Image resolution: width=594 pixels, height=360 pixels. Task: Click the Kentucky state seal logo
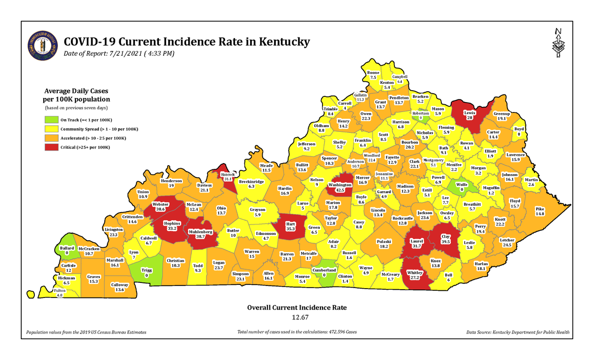click(43, 45)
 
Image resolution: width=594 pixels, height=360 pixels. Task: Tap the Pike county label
click(539, 211)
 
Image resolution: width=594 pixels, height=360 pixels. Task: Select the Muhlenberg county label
click(200, 233)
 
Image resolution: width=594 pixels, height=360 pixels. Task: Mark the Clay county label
click(445, 239)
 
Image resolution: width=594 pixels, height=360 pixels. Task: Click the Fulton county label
click(59, 292)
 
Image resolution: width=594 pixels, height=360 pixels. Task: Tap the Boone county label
click(373, 75)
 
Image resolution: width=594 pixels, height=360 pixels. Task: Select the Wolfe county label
click(462, 187)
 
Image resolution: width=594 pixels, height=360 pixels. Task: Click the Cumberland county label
click(324, 272)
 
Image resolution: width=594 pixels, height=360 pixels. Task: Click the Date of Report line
click(119, 54)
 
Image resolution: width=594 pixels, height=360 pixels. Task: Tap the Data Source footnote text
click(518, 332)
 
